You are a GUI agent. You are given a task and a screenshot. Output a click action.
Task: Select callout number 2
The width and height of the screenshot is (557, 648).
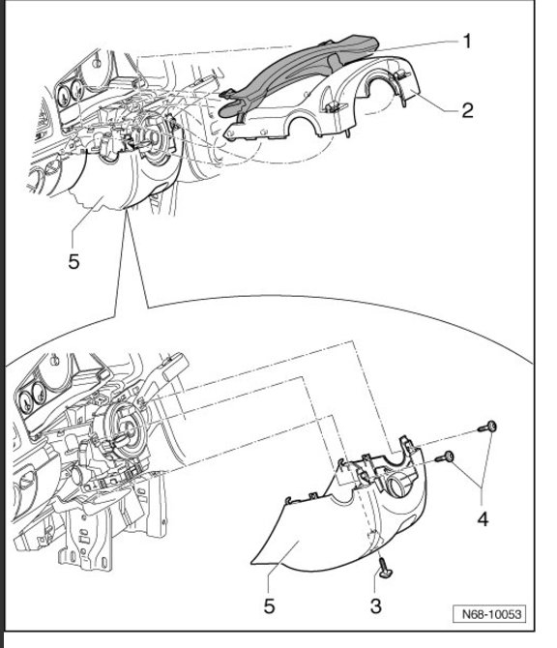click(466, 109)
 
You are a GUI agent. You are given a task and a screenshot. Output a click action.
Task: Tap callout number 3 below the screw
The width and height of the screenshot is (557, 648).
click(375, 605)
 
